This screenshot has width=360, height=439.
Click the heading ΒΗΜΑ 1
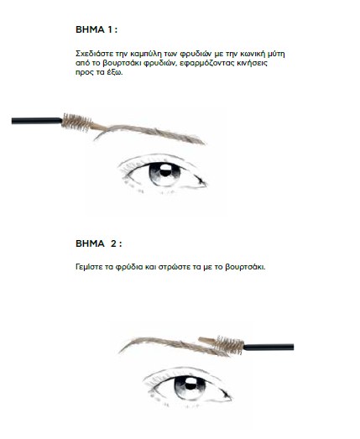(97, 29)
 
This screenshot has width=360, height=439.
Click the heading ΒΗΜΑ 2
(98, 243)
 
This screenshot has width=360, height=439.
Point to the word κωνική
(253, 54)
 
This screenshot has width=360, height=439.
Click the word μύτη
(277, 54)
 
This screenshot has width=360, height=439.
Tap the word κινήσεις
(254, 63)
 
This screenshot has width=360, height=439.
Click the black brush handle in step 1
(37, 121)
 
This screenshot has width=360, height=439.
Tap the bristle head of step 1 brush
(76, 122)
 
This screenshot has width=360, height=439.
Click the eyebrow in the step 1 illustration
(151, 133)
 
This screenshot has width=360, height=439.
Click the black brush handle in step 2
(269, 348)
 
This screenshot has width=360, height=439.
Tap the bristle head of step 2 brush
(229, 345)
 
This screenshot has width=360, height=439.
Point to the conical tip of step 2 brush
(207, 342)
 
